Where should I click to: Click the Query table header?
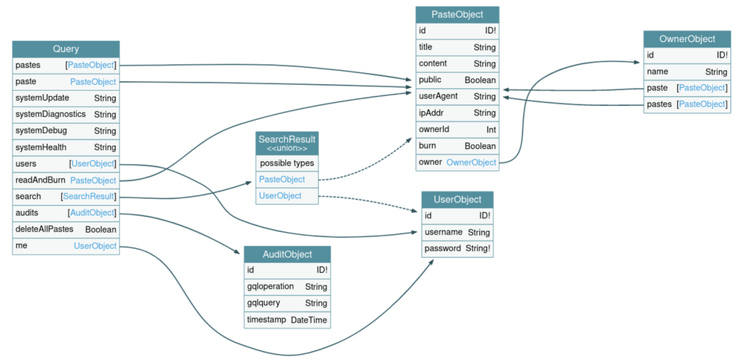pyautogui.click(x=66, y=49)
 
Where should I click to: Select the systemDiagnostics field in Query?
pyautogui.click(x=51, y=114)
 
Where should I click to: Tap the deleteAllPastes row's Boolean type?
pyautogui.click(x=101, y=229)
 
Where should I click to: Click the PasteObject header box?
pyautogui.click(x=457, y=14)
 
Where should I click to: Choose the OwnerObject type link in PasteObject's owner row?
pyautogui.click(x=471, y=162)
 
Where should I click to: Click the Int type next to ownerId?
pyautogui.click(x=491, y=129)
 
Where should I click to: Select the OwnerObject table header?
pyautogui.click(x=687, y=39)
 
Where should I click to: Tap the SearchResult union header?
pyautogui.click(x=287, y=142)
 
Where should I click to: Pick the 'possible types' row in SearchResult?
pyautogui.click(x=287, y=162)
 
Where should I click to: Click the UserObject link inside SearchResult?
pyautogui.click(x=280, y=195)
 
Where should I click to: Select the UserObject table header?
pyautogui.click(x=457, y=199)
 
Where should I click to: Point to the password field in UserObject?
pyautogui.click(x=443, y=248)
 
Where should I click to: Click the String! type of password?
pyautogui.click(x=478, y=248)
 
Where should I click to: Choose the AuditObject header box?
pyautogui.click(x=287, y=254)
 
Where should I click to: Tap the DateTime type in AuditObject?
pyautogui.click(x=308, y=319)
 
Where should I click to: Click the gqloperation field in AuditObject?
pyautogui.click(x=270, y=286)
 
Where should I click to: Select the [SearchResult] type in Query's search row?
pyautogui.click(x=89, y=196)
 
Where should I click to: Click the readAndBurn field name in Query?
pyautogui.click(x=40, y=180)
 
